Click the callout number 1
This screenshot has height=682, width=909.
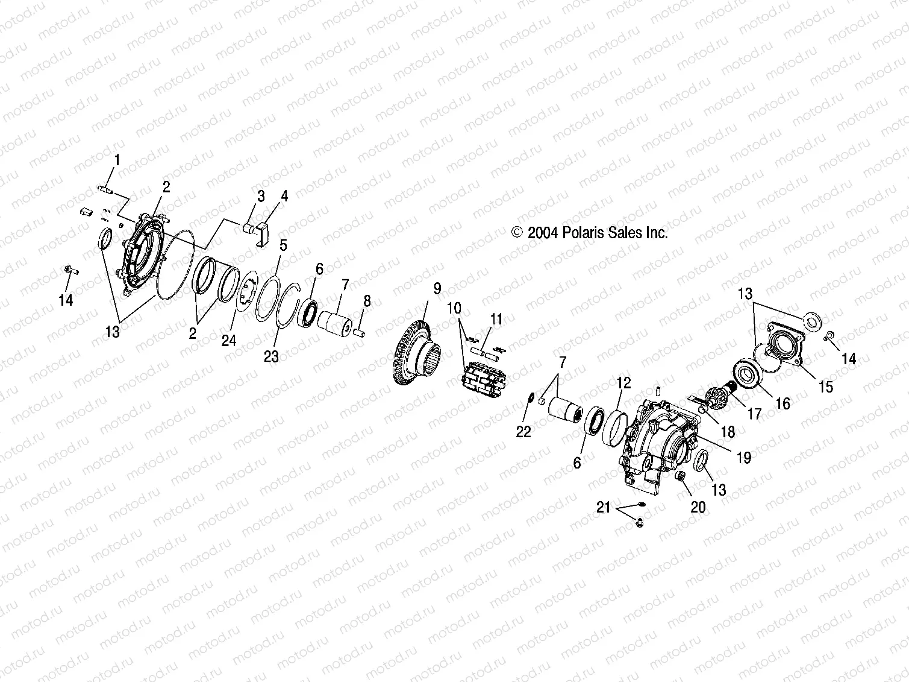117,160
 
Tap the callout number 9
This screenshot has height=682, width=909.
437,289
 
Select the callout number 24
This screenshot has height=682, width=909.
229,341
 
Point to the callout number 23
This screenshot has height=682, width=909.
271,356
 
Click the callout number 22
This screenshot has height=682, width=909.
523,432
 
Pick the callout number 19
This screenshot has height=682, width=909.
744,458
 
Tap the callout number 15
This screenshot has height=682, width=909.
826,387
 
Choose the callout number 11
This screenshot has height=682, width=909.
496,319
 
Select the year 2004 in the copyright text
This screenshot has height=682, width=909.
543,233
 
